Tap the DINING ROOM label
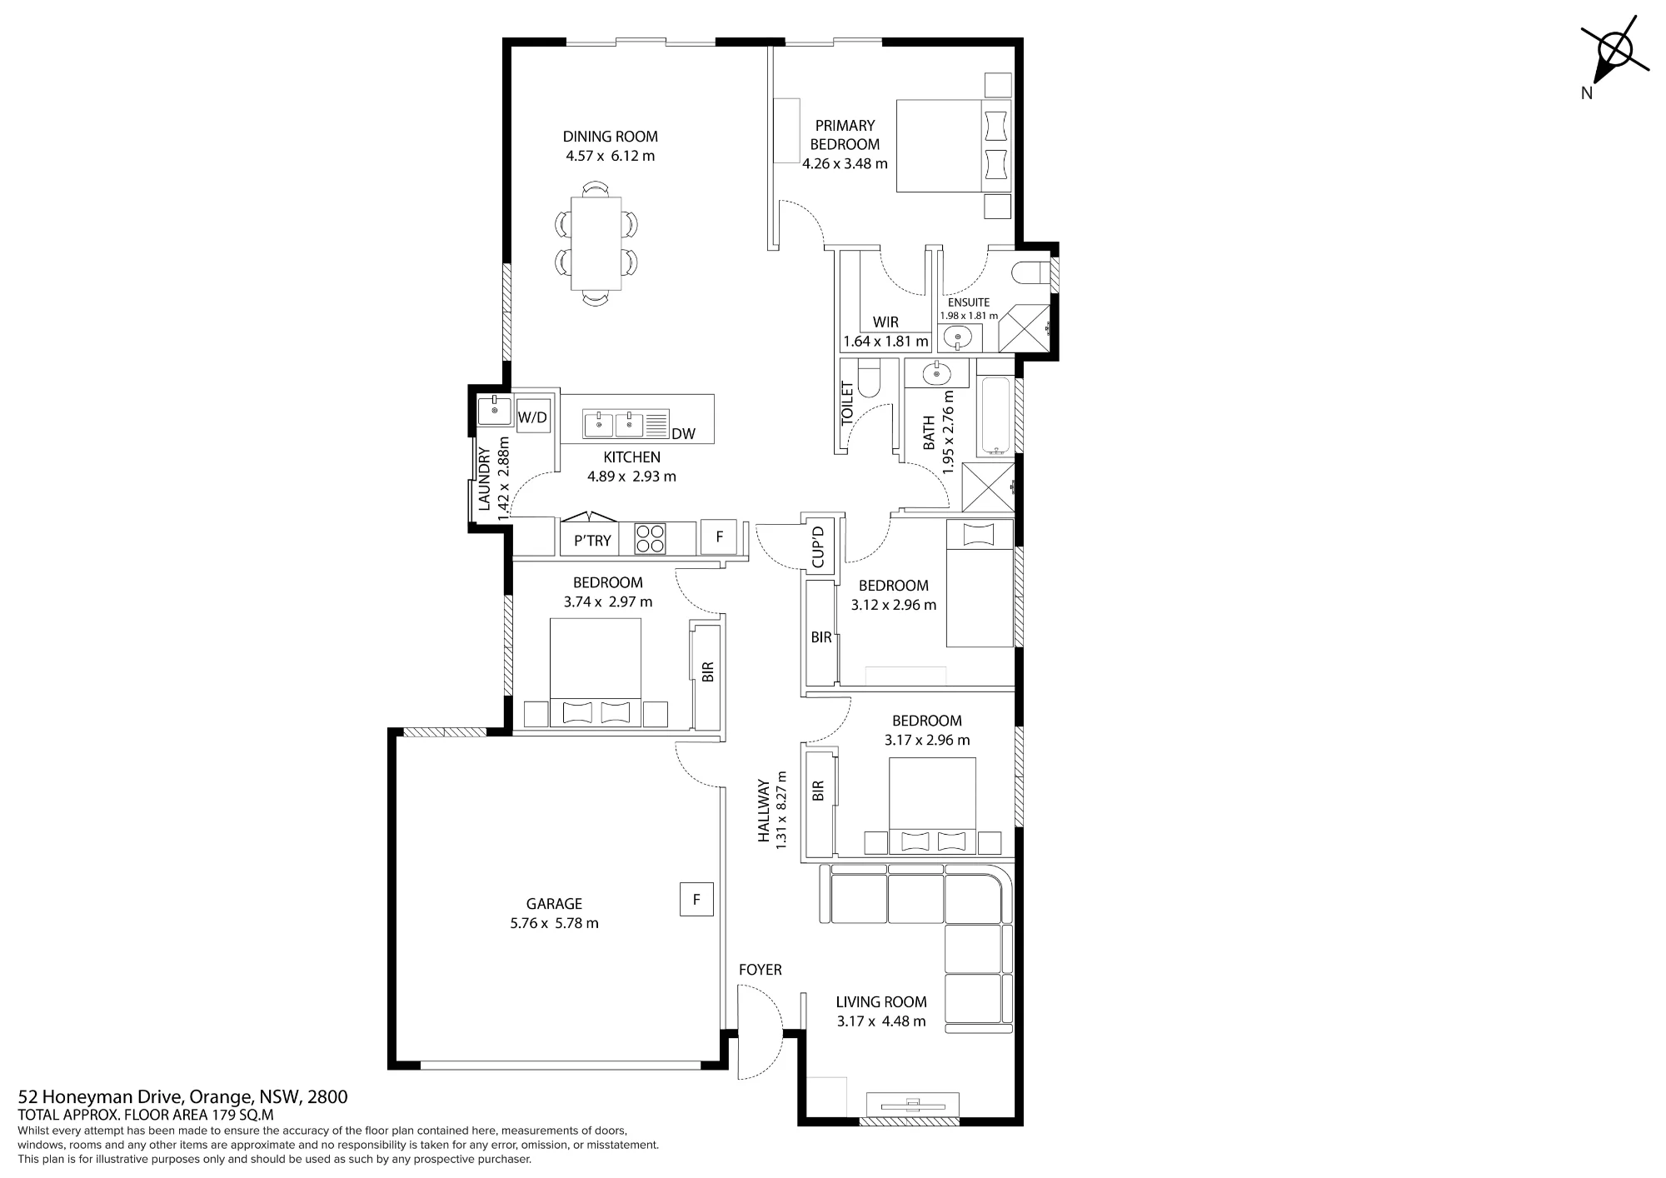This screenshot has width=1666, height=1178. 610,137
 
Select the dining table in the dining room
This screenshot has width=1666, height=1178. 596,242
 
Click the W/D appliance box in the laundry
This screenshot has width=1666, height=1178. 532,417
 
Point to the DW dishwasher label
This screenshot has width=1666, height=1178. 683,433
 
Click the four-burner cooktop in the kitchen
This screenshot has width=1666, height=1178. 651,538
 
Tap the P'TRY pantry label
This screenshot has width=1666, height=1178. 592,541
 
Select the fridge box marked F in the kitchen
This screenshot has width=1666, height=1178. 719,537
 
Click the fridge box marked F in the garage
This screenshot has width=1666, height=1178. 696,899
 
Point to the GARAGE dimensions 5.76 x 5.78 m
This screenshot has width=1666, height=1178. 554,923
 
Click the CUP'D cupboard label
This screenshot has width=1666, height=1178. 818,547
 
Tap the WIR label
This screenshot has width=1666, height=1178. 885,322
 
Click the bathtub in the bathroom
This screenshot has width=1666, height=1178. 995,417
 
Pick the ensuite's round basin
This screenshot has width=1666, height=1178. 958,338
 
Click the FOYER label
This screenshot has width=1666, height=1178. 760,970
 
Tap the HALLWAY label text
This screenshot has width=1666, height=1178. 763,811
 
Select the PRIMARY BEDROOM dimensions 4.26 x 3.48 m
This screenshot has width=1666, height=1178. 845,164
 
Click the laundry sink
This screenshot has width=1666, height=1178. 495,410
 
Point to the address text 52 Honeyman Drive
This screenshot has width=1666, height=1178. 103,1096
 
